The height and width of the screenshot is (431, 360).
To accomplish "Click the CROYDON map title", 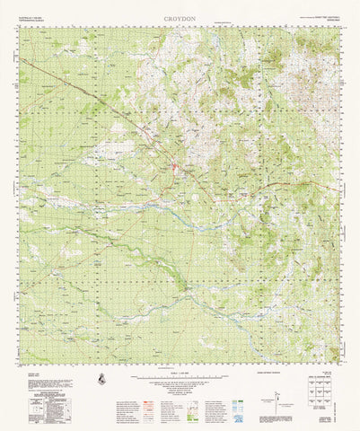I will (x=180, y=17).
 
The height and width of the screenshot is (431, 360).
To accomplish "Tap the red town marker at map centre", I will (x=175, y=167).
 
